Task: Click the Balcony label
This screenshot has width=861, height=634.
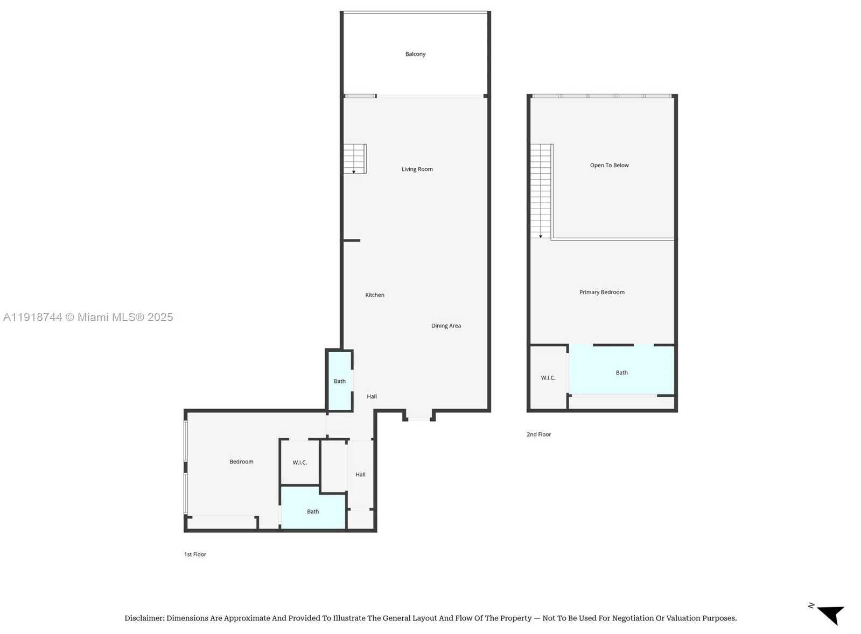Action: [x=415, y=54]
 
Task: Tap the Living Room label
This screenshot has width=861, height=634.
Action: [x=417, y=169]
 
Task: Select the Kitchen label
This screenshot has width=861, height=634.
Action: [x=375, y=295]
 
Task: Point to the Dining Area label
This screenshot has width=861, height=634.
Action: [x=446, y=326]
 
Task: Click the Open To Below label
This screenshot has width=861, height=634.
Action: [x=609, y=166]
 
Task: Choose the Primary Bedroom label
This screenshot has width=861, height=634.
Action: [x=601, y=293]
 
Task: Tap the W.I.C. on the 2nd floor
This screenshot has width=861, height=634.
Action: [x=548, y=378]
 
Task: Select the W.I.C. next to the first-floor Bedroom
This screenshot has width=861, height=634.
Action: [x=299, y=462]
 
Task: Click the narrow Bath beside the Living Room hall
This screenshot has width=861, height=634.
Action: [x=339, y=381]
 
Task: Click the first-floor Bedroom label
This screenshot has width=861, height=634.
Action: [x=241, y=462]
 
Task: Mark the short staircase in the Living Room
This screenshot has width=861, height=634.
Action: [x=355, y=159]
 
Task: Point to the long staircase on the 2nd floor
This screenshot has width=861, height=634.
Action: [x=541, y=191]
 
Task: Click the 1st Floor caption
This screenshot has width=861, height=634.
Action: [x=195, y=554]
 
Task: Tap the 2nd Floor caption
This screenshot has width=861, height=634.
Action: [x=538, y=434]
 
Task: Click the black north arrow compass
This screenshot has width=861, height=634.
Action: [x=831, y=614]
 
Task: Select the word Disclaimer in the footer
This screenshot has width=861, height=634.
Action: [x=144, y=618]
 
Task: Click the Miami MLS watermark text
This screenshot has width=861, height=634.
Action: [x=88, y=317]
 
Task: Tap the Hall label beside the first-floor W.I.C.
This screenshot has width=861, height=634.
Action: [x=360, y=474]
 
